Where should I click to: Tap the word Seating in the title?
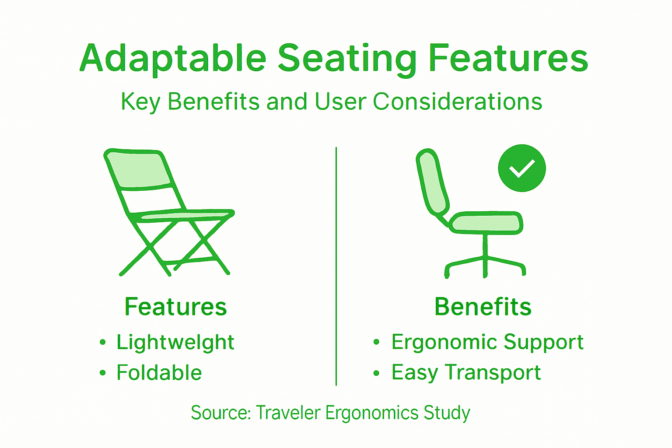point(347,59)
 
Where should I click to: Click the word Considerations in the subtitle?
point(457,101)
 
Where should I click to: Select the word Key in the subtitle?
point(140,102)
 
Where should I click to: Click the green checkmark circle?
point(521,168)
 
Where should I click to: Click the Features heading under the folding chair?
point(175,306)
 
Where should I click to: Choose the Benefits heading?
point(483,306)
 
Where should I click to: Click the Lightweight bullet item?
point(175,342)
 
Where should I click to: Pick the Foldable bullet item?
point(159,373)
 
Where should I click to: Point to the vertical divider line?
point(336,267)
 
